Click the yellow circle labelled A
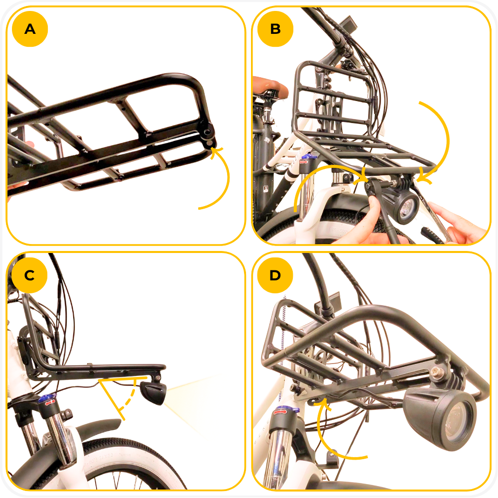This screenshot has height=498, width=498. [x=30, y=29]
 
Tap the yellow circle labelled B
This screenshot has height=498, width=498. [x=275, y=29]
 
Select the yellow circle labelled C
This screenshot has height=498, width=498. [x=29, y=275]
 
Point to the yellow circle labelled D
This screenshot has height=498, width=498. [x=275, y=275]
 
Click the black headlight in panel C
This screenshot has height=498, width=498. [x=153, y=392]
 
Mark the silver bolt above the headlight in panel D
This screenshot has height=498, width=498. [x=436, y=370]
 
